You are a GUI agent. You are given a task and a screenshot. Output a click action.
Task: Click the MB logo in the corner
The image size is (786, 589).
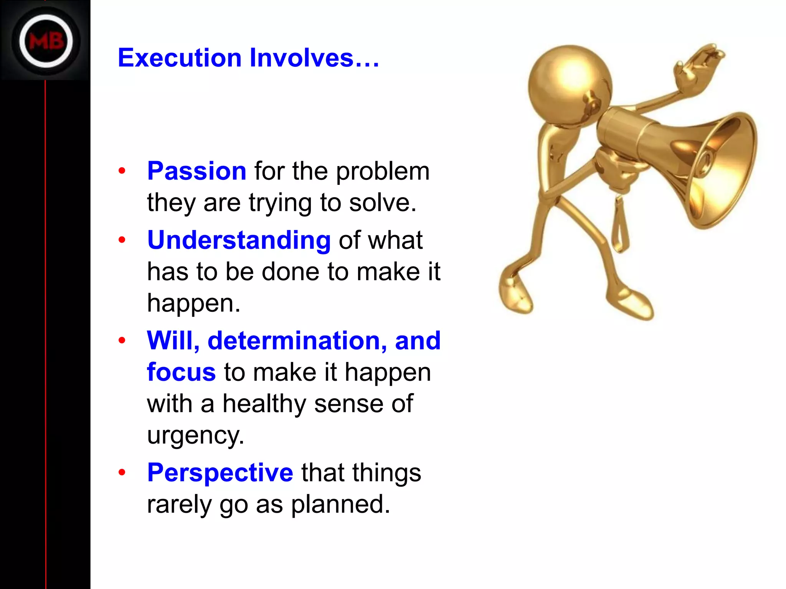tap(46, 41)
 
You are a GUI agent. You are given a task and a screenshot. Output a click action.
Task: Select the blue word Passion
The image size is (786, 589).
tap(197, 171)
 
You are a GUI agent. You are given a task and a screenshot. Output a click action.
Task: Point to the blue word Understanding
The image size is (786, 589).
tap(239, 240)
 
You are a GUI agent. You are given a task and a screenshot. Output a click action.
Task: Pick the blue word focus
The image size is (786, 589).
tap(181, 372)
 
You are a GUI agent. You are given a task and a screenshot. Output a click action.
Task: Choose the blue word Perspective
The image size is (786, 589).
tap(220, 473)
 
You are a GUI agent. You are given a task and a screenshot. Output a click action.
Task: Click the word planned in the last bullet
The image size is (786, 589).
tap(340, 504)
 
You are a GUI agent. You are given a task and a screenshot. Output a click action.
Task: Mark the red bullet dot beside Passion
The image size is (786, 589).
tap(122, 171)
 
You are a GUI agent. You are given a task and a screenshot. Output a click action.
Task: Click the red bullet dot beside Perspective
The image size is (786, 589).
tap(122, 472)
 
